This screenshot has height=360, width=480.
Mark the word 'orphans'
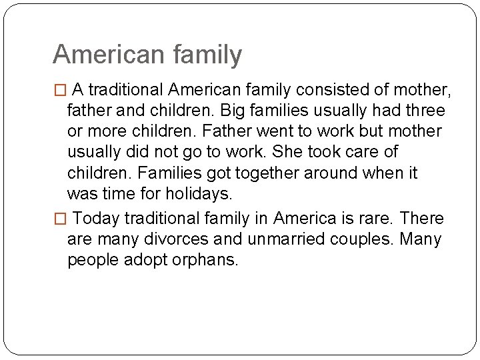(x=207, y=261)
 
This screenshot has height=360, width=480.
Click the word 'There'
(x=423, y=219)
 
